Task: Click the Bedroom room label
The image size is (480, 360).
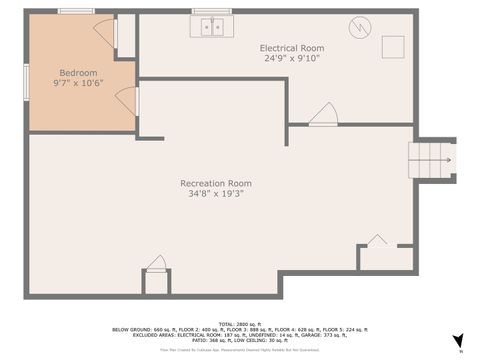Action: [x=78, y=73]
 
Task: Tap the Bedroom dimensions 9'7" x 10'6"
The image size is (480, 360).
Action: [x=78, y=83]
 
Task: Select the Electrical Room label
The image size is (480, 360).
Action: [x=292, y=48]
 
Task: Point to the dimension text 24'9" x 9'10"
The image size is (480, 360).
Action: [x=292, y=58]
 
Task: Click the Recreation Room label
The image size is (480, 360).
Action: [x=215, y=183]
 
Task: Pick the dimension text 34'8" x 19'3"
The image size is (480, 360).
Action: [x=215, y=193]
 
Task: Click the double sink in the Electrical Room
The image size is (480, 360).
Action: [x=212, y=27]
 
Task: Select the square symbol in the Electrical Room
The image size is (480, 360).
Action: [x=393, y=47]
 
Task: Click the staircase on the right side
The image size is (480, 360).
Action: [x=431, y=159]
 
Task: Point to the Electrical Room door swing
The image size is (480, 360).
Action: [x=322, y=115]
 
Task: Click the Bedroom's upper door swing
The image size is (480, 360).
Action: [x=106, y=32]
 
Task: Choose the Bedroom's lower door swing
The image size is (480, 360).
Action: [x=126, y=100]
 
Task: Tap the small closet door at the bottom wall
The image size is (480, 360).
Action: [x=156, y=264]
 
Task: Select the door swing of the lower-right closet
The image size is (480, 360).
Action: [x=376, y=240]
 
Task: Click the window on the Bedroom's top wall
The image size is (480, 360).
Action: [x=75, y=11]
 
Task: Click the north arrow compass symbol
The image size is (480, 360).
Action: [x=457, y=341]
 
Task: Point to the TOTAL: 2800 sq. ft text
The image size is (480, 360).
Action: [x=240, y=323]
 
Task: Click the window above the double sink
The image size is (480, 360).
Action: [x=211, y=11]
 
